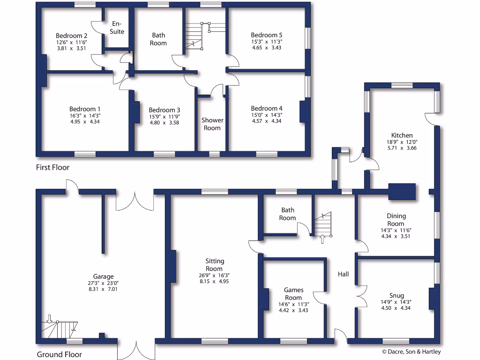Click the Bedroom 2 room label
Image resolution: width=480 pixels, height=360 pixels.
(71, 36)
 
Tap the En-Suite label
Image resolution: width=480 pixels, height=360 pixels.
(117, 28)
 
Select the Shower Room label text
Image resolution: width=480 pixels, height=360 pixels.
(212, 124)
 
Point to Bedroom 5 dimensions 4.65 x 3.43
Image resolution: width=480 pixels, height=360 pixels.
(266, 48)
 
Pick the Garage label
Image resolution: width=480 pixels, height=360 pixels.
(103, 277)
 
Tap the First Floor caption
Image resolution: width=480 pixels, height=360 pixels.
(52, 167)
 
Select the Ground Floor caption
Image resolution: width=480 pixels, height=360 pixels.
(59, 354)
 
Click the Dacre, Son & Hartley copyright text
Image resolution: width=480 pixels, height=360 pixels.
(412, 352)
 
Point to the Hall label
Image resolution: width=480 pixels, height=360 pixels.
(343, 274)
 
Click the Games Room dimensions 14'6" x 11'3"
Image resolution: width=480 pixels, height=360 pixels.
(294, 304)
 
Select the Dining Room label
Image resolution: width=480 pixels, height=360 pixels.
(396, 220)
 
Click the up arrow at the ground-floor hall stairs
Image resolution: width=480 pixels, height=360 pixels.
(322, 239)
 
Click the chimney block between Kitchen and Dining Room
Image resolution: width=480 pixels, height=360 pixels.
(402, 191)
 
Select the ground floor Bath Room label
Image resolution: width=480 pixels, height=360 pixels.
(287, 214)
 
